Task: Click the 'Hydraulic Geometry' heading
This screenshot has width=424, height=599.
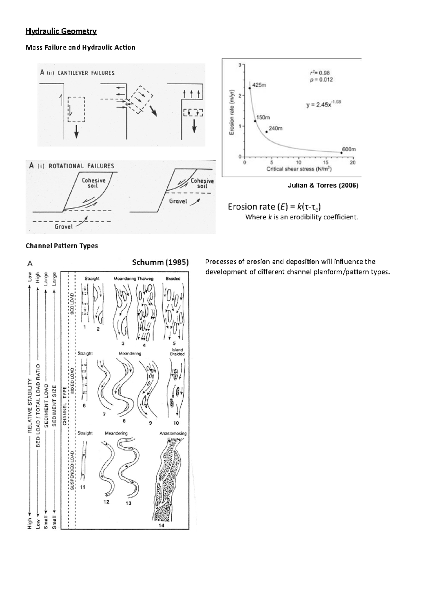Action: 61,31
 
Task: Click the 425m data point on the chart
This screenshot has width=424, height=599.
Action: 250,88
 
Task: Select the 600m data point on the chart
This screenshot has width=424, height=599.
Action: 341,153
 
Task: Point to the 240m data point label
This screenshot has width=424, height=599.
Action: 276,128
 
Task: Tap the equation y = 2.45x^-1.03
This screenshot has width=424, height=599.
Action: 323,104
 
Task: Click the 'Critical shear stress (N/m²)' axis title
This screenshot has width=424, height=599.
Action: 299,169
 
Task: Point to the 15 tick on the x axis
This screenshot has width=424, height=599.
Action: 325,163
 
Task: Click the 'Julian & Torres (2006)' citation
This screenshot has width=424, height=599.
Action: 323,185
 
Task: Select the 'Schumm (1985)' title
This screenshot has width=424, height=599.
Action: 160,262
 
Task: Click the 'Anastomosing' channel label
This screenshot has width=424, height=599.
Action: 173,433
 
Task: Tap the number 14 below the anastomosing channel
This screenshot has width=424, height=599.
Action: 161,525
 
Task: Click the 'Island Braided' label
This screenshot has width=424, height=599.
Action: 177,352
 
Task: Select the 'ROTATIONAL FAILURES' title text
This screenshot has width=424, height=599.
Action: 81,166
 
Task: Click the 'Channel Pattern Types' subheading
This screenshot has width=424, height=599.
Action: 62,246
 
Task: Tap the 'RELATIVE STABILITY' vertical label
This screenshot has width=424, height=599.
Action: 30,405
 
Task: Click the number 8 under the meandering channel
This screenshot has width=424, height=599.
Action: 124,420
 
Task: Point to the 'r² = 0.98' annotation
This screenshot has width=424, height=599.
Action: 320,73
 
